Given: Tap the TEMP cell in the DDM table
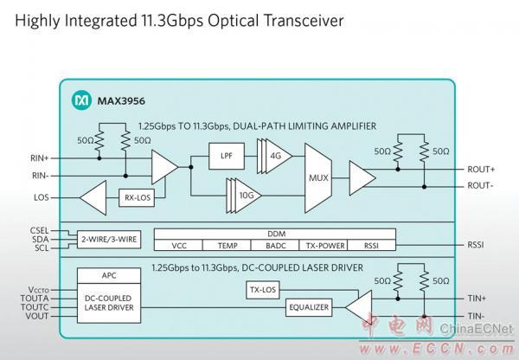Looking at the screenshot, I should tap(229, 245).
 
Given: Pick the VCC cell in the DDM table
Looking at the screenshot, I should tap(179, 245).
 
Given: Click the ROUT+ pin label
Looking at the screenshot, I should tap(481, 170).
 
